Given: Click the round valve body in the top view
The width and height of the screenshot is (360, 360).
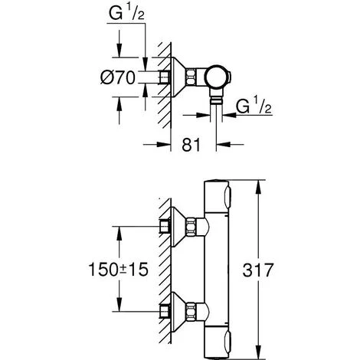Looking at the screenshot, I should point(217,77).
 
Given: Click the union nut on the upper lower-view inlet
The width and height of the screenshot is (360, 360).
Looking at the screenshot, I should point(200,227).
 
